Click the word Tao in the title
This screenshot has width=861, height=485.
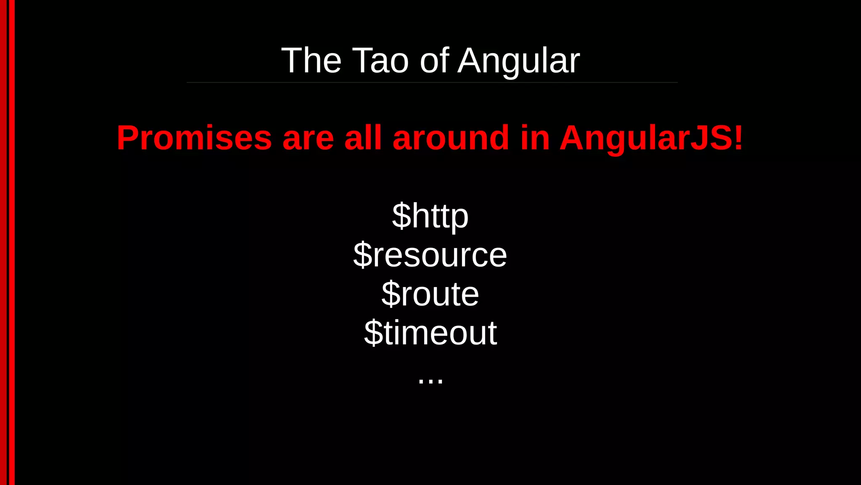click(x=380, y=61)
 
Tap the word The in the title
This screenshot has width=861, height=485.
click(x=311, y=61)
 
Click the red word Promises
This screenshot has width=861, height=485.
click(x=194, y=138)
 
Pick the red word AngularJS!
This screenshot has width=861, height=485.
click(x=651, y=138)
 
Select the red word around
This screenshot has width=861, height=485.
click(x=451, y=138)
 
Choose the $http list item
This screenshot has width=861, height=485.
click(x=430, y=216)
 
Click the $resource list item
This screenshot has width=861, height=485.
click(x=430, y=255)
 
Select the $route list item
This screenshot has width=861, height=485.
click(x=430, y=294)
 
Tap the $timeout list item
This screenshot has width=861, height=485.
click(x=430, y=333)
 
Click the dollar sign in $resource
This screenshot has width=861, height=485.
click(x=363, y=255)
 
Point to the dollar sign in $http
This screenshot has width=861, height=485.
click(x=401, y=216)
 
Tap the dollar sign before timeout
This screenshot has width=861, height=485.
click(x=373, y=333)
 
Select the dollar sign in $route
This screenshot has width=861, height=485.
click(x=391, y=294)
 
